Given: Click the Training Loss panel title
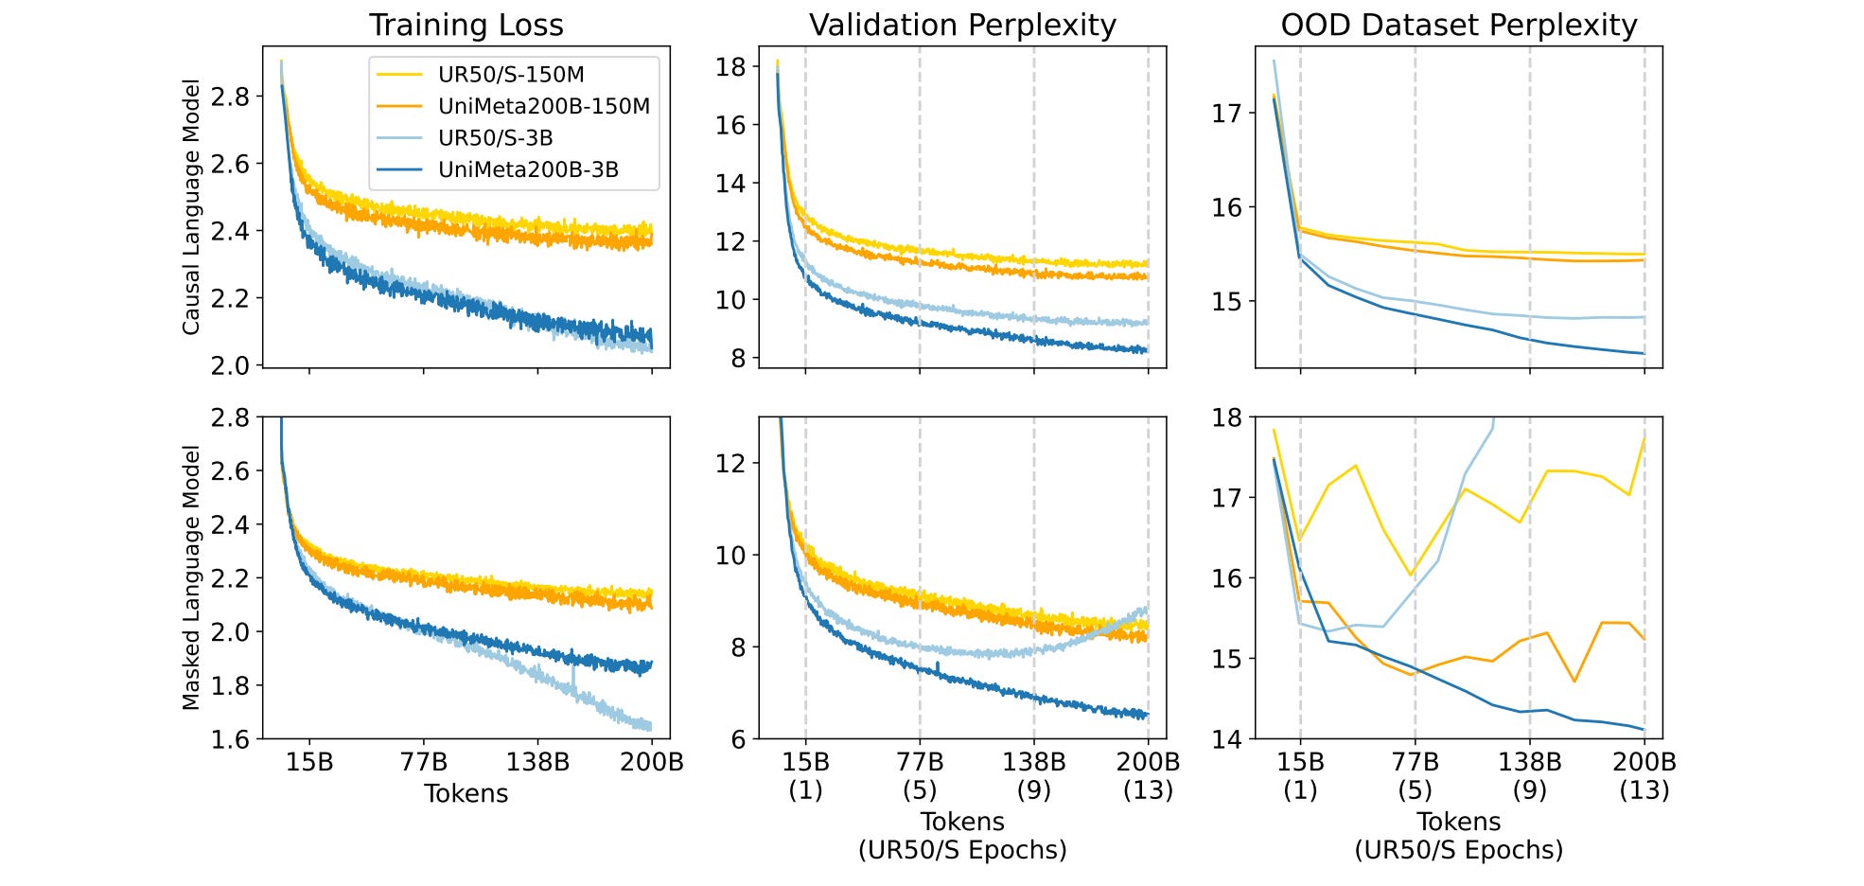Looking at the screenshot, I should click(466, 26).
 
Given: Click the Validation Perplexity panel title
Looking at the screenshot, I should click(962, 26).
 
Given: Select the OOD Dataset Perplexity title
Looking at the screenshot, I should click(1458, 26).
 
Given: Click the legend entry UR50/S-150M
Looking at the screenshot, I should click(511, 75).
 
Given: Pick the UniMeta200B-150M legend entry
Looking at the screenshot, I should click(543, 106).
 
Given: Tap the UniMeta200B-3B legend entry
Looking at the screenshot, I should click(528, 169).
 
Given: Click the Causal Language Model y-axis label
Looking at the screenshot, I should click(191, 206).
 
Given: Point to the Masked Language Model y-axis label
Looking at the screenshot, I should click(191, 577).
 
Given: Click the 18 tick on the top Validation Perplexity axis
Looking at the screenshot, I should click(730, 66).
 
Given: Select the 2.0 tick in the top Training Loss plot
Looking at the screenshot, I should click(230, 365).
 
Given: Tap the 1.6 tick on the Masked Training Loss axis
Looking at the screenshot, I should click(230, 738).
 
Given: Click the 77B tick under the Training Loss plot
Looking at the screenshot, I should click(423, 762).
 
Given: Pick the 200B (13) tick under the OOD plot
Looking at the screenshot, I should click(1644, 775).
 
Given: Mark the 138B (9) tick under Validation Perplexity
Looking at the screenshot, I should click(1033, 775).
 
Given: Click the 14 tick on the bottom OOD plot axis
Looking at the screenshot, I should click(1227, 738).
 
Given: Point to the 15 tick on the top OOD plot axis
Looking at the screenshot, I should click(1227, 302).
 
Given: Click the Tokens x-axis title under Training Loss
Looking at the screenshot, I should click(466, 793).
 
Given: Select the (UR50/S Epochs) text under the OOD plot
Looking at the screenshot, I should click(1458, 850).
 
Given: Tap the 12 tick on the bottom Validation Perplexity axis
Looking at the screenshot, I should click(730, 463).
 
